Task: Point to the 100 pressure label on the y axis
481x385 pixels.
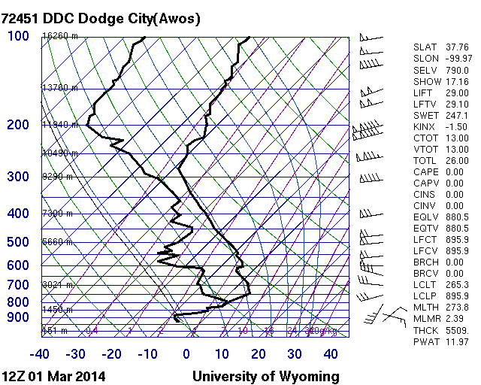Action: pyautogui.click(x=18, y=36)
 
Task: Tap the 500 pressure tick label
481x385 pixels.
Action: pyautogui.click(x=18, y=242)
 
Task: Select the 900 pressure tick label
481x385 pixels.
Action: pyautogui.click(x=18, y=318)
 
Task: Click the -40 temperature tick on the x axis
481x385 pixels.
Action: pyautogui.click(x=40, y=353)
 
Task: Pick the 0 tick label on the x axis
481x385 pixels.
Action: pyautogui.click(x=186, y=353)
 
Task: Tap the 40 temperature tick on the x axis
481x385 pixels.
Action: pyautogui.click(x=331, y=353)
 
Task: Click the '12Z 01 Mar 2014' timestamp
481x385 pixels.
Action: pyautogui.click(x=53, y=376)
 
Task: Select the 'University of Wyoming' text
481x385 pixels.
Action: pyautogui.click(x=266, y=376)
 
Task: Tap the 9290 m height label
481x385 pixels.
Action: pyautogui.click(x=57, y=177)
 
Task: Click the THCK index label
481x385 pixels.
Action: pyautogui.click(x=425, y=330)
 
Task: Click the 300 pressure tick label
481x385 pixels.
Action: pyautogui.click(x=18, y=177)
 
